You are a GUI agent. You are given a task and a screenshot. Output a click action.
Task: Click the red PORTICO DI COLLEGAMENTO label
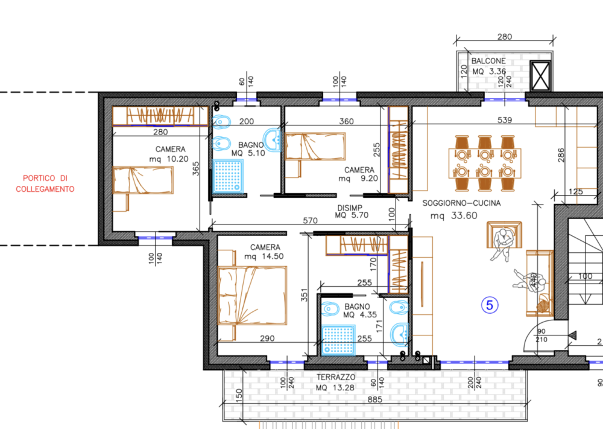click(45, 183)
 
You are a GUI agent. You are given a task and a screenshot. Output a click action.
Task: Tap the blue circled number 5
click(490, 305)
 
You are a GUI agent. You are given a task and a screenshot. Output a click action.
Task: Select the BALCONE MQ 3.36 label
click(489, 66)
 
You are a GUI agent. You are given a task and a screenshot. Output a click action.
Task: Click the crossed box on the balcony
click(540, 76)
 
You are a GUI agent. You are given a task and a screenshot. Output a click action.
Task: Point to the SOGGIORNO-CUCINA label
click(461, 203)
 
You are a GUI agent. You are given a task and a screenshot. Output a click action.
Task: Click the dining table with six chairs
click(485, 163)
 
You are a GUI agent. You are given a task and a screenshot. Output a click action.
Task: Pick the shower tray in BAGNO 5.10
click(228, 176)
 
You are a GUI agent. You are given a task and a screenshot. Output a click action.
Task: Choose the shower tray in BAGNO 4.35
click(338, 340)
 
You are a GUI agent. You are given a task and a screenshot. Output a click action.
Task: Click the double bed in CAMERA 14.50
click(252, 296)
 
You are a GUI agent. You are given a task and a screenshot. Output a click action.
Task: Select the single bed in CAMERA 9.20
click(315, 146)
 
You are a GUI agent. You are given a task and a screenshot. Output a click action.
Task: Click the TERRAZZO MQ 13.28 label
click(336, 383)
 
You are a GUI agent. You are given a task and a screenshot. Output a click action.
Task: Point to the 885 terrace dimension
click(374, 399)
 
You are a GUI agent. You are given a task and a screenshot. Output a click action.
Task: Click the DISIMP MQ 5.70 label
click(351, 212)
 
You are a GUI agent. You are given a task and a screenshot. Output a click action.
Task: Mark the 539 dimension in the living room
click(505, 120)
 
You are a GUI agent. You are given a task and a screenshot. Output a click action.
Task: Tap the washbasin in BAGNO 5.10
click(273, 140)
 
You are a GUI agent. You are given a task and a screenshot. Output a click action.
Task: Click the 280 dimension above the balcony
click(505, 37)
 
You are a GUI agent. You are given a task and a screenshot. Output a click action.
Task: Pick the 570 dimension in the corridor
click(310, 220)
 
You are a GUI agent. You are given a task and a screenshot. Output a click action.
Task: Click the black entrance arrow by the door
click(573, 335)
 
